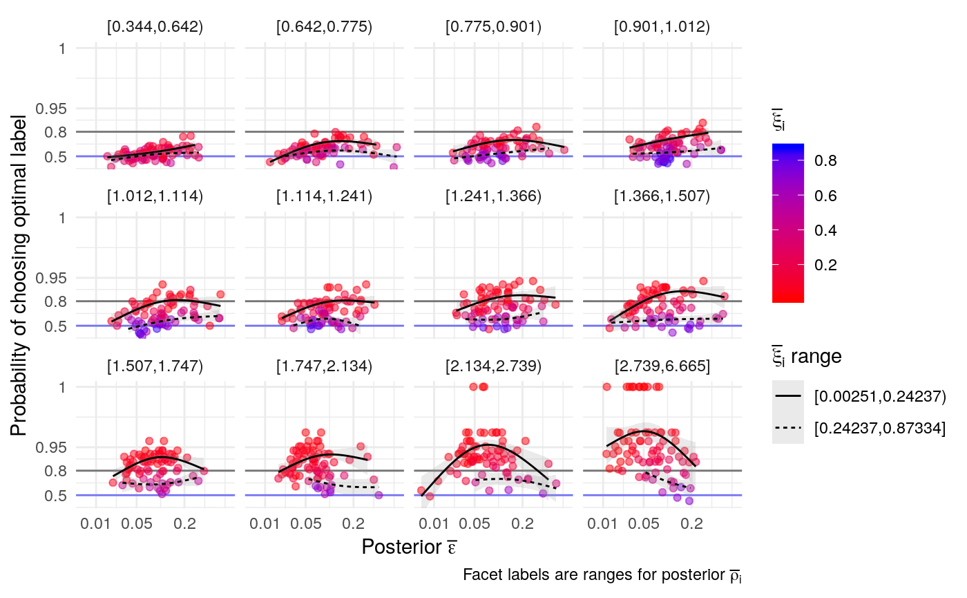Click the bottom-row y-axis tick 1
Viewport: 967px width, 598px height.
click(x=61, y=387)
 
